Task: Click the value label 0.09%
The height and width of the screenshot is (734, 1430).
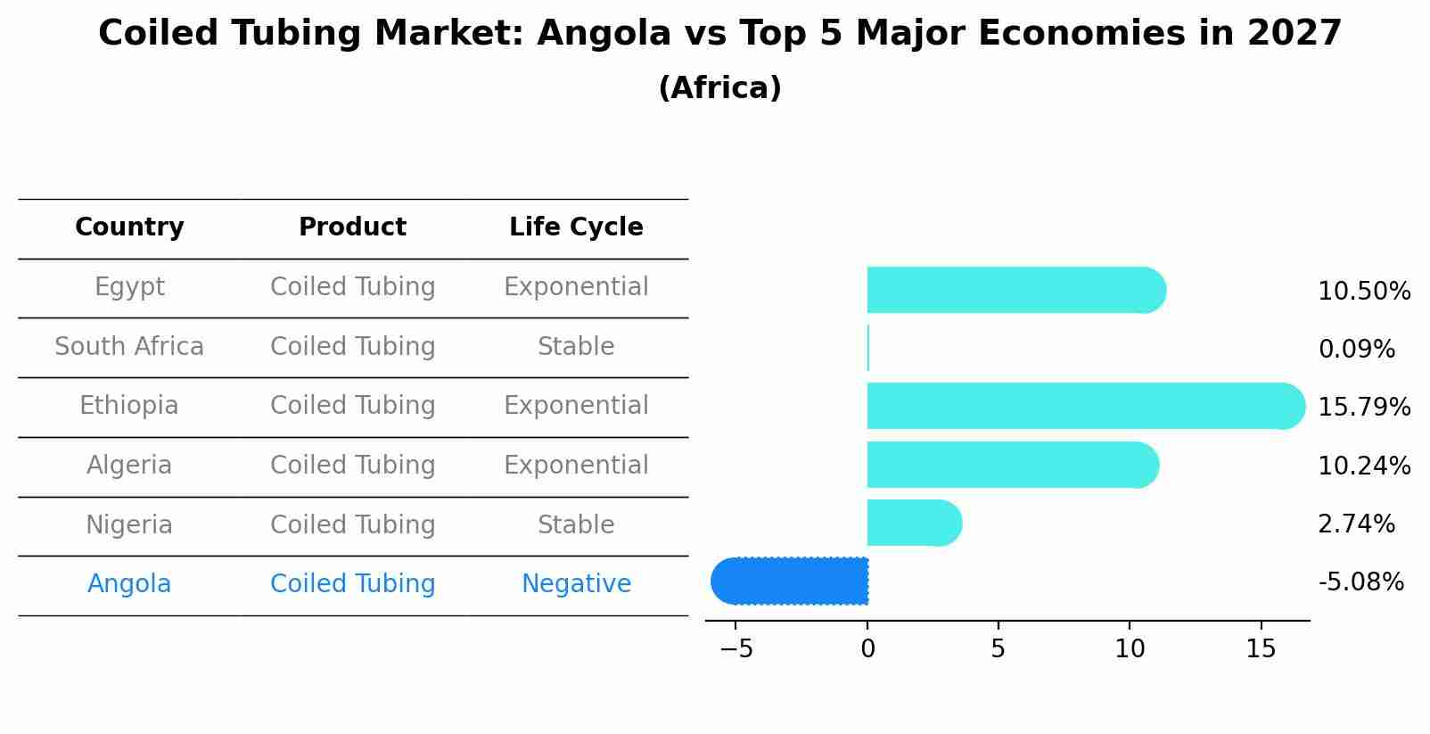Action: [1356, 350]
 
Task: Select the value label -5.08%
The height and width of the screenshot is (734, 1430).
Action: [1360, 582]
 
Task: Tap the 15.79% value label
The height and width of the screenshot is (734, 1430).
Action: [1364, 408]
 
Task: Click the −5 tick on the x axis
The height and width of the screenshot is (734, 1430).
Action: [736, 649]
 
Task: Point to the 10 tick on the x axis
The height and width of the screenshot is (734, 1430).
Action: [1130, 649]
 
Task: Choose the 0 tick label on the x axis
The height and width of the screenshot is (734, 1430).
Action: [867, 649]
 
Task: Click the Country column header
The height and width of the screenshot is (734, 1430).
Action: [129, 227]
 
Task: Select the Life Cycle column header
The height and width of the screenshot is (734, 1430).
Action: [576, 227]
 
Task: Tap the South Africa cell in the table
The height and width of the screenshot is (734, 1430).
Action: [129, 347]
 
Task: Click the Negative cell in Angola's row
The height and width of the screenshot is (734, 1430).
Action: [576, 584]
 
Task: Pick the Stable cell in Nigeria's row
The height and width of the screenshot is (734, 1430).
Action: [576, 525]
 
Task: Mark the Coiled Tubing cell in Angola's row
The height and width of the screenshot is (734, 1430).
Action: [353, 584]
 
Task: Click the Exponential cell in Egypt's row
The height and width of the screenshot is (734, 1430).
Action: [576, 287]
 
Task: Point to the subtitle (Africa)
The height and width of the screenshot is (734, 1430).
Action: [719, 88]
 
